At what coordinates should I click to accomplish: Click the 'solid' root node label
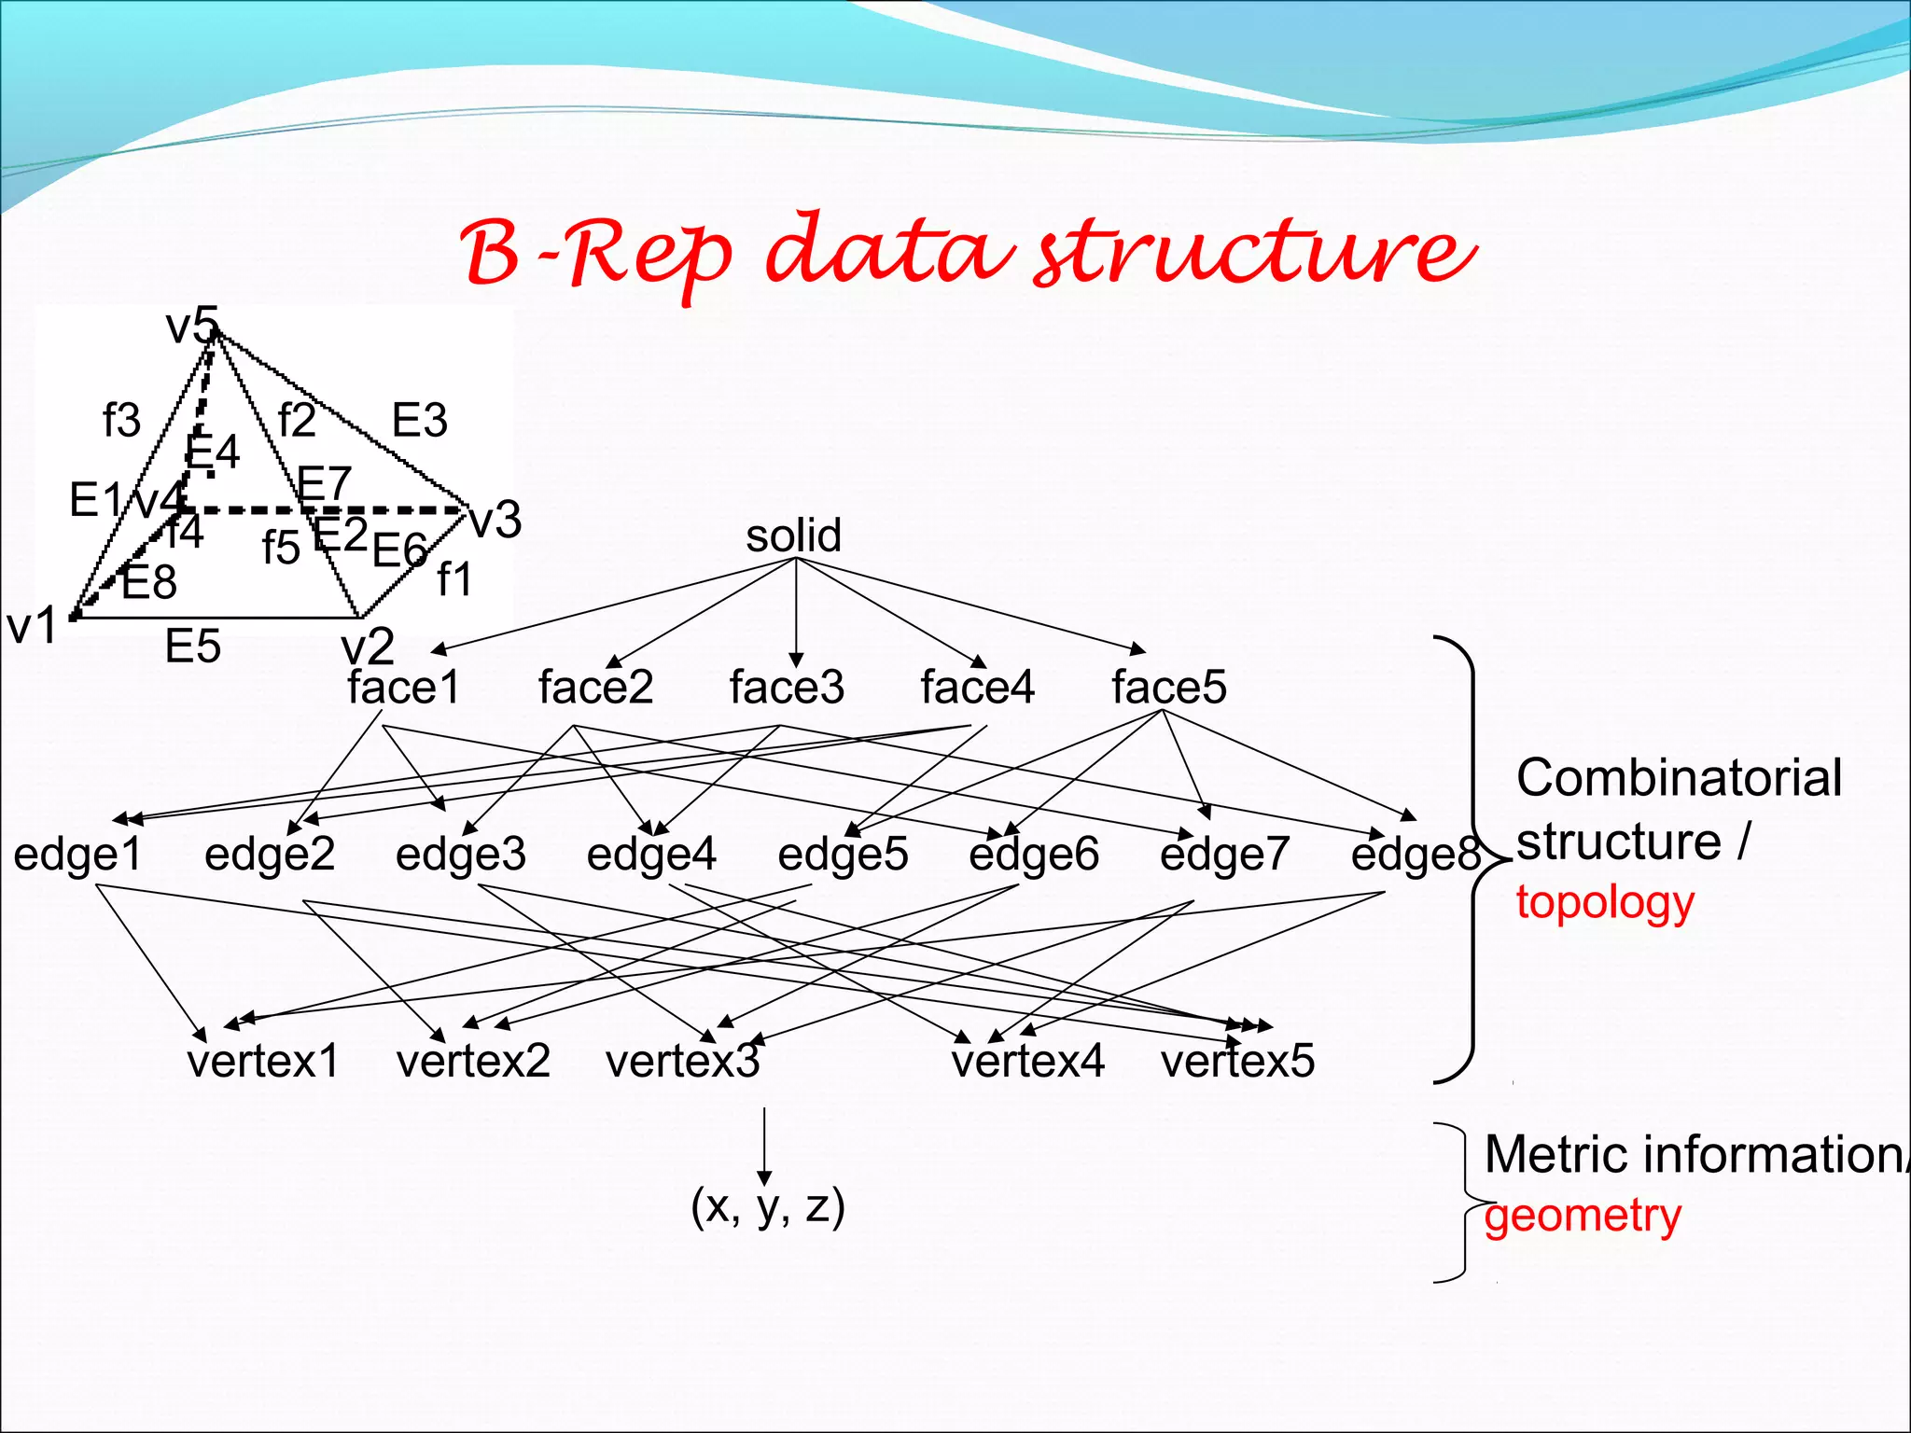coord(794,536)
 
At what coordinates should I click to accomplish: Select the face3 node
coord(787,688)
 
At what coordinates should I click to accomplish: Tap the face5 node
coord(1168,688)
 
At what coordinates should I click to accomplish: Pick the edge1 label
coord(77,854)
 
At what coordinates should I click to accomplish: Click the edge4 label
coord(651,854)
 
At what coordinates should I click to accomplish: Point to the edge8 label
coord(1415,854)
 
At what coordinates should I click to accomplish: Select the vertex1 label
coord(263,1062)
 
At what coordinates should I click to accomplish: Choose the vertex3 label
coord(683,1062)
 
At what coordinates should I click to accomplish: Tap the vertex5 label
coord(1237,1062)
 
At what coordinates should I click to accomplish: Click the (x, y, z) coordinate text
coord(768,1205)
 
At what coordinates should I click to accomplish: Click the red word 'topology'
coord(1605,903)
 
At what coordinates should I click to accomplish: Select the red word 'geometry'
coord(1583,1217)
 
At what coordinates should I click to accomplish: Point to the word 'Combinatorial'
coord(1679,778)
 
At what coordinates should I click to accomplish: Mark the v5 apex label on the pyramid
coord(191,327)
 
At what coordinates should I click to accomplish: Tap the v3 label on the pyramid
coord(495,520)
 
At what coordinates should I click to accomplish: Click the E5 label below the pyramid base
coord(193,647)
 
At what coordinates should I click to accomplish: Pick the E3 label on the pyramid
coord(420,420)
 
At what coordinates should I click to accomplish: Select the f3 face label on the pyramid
coord(122,420)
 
